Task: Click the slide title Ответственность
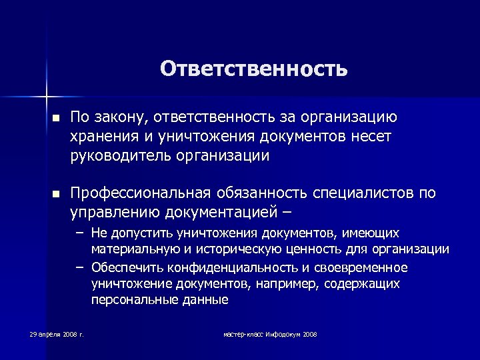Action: (253, 69)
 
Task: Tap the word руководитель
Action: (118, 157)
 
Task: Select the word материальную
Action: (131, 249)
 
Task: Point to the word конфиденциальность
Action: (228, 267)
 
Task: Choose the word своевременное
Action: (365, 267)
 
